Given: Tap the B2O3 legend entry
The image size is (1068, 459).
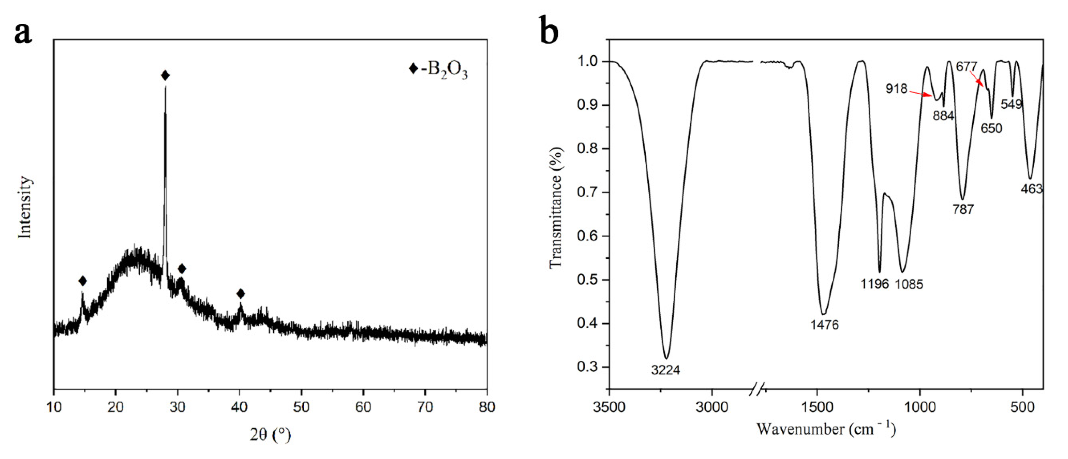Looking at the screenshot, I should pos(438,69).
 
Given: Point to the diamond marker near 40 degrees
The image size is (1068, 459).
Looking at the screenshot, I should pos(240,294).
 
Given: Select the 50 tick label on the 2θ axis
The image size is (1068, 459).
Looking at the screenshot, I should pos(301,407).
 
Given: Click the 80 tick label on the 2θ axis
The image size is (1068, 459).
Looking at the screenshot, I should pos(487,407).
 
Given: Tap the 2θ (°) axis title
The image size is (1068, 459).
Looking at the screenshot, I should pos(270,435).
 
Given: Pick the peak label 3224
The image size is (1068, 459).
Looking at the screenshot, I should pos(665,370).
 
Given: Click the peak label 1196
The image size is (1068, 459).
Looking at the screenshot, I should pos(874,284).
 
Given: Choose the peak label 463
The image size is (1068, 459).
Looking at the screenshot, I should pos(1031,189).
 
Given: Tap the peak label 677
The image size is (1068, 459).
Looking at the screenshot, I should pos(966,66).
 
